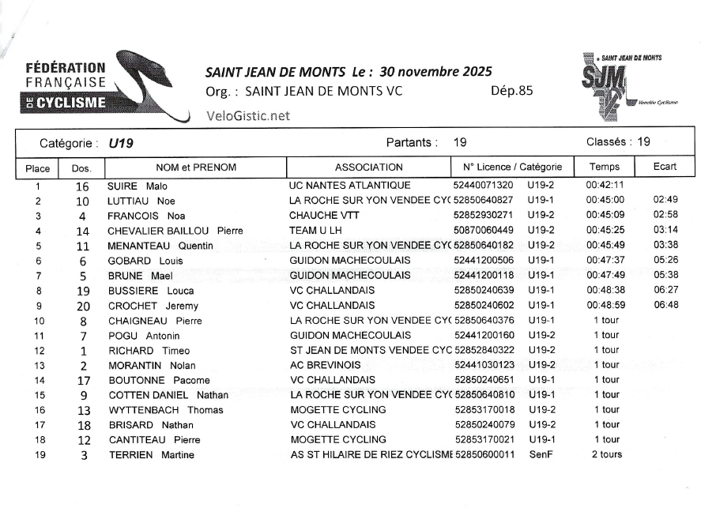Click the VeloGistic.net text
point(247,116)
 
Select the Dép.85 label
point(511,91)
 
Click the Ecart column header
point(665,167)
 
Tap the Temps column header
point(605,167)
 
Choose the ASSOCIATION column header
point(368,167)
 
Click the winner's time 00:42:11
point(605,186)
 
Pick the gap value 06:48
point(665,305)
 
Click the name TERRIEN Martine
point(151,455)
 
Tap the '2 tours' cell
point(606,454)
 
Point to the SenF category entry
point(541,454)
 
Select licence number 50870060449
point(484,231)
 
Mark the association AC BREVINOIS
point(326,365)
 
